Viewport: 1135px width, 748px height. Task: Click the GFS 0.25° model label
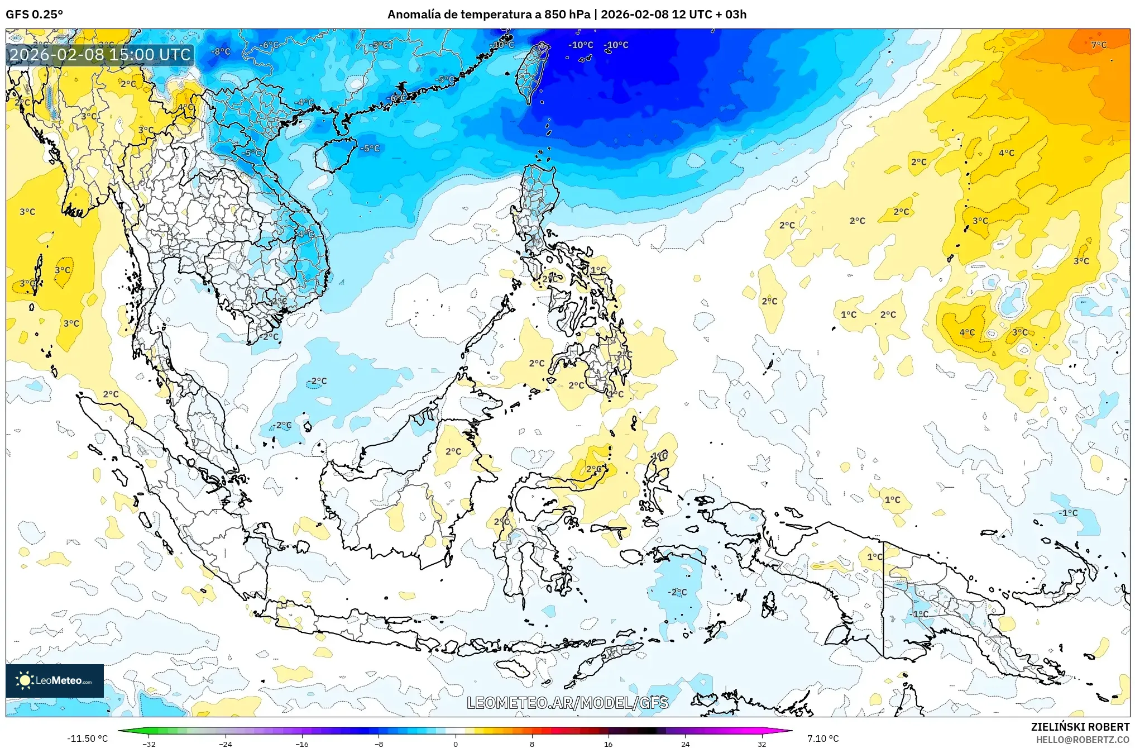[x=34, y=14]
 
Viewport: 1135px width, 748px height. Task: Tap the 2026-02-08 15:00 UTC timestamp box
[x=100, y=55]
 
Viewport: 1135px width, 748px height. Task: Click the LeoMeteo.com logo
[x=55, y=680]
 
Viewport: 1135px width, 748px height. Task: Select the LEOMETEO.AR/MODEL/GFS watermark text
[x=567, y=703]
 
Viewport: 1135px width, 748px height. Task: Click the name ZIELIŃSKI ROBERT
[x=1080, y=727]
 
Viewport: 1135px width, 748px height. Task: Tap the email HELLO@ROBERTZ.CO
[x=1083, y=740]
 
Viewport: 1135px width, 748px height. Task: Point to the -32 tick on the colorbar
[x=149, y=744]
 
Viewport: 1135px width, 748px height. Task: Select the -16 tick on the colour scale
[x=302, y=744]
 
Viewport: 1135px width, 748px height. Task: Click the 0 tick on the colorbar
[x=456, y=744]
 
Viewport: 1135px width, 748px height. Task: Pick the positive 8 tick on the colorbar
[x=532, y=744]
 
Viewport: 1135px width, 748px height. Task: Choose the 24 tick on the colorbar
[x=685, y=744]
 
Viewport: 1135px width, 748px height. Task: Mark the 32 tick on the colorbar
[x=762, y=744]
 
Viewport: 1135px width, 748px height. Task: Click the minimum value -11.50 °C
[x=87, y=739]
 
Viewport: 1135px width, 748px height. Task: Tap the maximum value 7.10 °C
[x=823, y=739]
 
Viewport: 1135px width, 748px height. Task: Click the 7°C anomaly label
[x=1099, y=45]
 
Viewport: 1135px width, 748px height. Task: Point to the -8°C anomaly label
[x=221, y=51]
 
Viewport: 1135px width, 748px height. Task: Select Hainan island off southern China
[x=336, y=155]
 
